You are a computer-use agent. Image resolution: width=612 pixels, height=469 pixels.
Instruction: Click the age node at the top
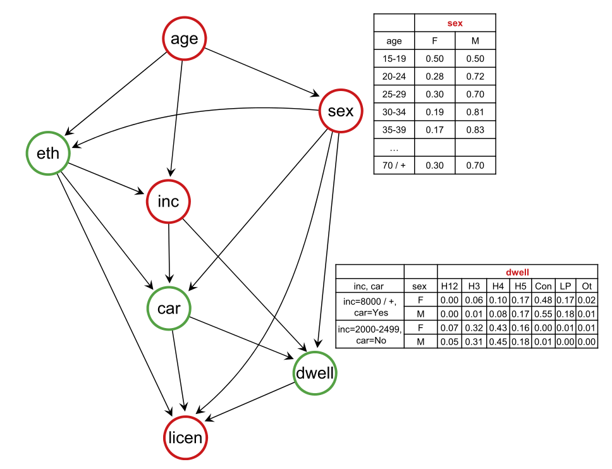point(184,39)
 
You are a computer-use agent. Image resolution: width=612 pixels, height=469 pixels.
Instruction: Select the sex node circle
point(340,111)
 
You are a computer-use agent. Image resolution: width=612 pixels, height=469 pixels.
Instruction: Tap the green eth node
point(48,153)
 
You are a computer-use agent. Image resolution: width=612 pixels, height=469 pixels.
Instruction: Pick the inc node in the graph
point(168,202)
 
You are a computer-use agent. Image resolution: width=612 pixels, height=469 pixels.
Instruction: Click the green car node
point(169,308)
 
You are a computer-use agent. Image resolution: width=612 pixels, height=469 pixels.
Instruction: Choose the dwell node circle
point(315,373)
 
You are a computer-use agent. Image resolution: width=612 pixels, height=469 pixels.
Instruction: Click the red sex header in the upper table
point(455,23)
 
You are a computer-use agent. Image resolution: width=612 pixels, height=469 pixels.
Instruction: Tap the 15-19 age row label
point(394,59)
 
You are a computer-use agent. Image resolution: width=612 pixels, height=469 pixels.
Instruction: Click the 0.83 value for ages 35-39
point(475,130)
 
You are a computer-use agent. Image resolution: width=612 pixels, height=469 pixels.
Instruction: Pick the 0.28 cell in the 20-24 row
point(434,76)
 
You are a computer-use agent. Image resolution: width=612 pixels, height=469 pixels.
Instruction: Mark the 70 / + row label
point(394,166)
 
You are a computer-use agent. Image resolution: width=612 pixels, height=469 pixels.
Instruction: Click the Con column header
point(543,286)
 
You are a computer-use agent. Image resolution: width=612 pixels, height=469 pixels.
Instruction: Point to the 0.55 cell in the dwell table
point(543,314)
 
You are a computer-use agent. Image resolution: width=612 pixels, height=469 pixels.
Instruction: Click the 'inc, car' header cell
point(369,286)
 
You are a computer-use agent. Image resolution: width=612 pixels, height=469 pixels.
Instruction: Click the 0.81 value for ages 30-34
point(475,113)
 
